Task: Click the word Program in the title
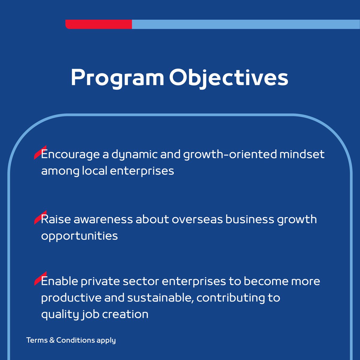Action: (117, 78)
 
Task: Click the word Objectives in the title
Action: (228, 78)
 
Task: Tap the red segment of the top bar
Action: (99, 24)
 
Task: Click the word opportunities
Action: (79, 236)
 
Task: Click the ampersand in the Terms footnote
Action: (52, 340)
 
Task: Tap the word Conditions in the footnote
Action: (76, 340)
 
